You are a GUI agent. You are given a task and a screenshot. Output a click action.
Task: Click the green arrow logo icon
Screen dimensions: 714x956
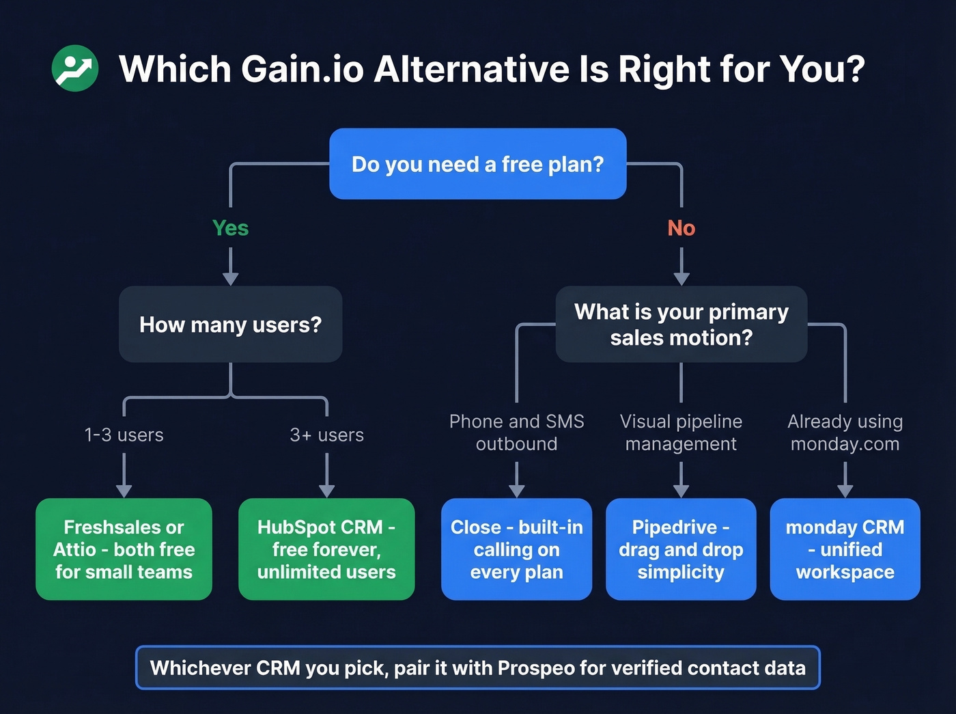[75, 68]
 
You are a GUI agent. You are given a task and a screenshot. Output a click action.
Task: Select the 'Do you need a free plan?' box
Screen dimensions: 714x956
[477, 164]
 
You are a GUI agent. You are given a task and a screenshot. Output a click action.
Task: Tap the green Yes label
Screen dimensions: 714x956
[230, 228]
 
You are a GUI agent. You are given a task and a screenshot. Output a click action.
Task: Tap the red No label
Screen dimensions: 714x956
[681, 228]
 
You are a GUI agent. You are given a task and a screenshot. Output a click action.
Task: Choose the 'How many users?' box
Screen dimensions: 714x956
[230, 325]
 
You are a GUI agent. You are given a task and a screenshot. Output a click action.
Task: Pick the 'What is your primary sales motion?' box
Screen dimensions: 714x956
[681, 325]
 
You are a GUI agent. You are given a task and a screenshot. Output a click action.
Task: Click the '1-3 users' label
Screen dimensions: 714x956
[124, 435]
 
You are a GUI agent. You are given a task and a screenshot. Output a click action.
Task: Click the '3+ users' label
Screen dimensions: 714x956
[326, 435]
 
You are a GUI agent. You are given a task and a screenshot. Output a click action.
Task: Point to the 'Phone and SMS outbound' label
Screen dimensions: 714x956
[516, 432]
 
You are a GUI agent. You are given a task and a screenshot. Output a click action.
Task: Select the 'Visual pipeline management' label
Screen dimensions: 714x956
[681, 432]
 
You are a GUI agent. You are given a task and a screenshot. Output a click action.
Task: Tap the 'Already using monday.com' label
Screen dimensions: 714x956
[845, 432]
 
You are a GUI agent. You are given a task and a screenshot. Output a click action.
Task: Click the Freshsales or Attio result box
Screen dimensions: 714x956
[124, 549]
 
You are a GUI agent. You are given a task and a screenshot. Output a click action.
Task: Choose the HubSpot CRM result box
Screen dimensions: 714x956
[326, 549]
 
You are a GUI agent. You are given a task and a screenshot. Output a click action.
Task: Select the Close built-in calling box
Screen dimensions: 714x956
[516, 549]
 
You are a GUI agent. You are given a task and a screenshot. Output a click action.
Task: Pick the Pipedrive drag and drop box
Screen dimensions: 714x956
[681, 549]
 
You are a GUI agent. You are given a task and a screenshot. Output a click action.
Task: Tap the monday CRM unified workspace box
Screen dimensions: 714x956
[845, 549]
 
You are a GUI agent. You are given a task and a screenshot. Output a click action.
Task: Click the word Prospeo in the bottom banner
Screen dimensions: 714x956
[536, 668]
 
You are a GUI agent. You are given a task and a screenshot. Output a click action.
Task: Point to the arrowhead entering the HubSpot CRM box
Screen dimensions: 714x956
[326, 491]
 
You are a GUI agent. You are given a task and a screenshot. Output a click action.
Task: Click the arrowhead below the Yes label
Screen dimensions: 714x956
[231, 278]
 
